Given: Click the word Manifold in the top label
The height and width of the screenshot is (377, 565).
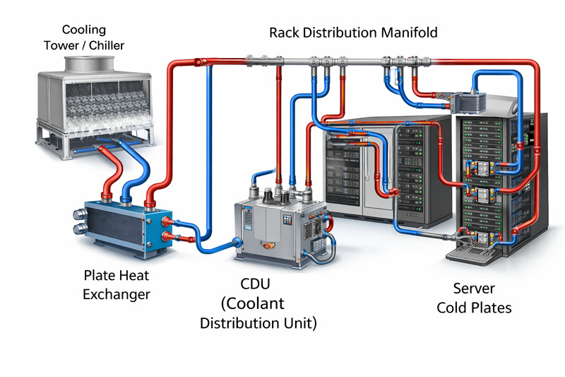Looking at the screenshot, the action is [x=410, y=33].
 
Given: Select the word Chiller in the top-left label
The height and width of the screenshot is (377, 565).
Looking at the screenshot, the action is [x=107, y=45].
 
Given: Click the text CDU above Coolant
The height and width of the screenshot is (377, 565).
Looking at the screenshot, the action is [x=255, y=284].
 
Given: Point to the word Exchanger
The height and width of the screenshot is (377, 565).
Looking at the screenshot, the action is [x=117, y=294].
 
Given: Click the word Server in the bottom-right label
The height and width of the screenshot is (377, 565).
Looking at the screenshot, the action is [x=474, y=289].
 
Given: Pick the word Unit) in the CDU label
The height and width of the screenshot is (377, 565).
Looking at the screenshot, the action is [x=301, y=323].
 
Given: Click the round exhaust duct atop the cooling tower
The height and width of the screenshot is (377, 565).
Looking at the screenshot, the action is [x=90, y=64].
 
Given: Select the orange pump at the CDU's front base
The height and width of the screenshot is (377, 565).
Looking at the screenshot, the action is [x=268, y=245].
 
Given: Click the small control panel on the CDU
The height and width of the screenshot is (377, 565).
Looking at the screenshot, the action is [x=287, y=220].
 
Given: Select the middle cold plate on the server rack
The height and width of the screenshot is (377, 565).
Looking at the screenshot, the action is [x=482, y=195].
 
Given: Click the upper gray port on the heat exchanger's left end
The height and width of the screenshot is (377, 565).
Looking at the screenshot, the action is [x=80, y=214].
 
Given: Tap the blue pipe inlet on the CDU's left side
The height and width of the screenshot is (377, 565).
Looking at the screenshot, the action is [x=237, y=242].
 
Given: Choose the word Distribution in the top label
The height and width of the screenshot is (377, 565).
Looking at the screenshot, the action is [x=340, y=33].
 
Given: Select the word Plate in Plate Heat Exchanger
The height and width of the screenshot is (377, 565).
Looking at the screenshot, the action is [x=97, y=276].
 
